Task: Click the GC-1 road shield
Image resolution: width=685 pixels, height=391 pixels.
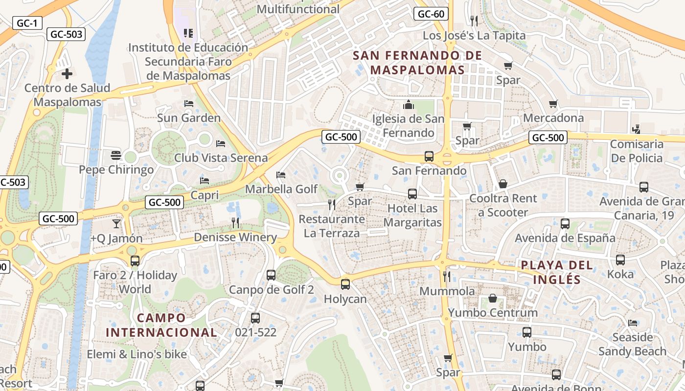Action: [27, 22]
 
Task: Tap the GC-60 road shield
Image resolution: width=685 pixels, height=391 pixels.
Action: [431, 14]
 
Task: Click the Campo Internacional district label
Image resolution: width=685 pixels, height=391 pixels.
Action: [161, 325]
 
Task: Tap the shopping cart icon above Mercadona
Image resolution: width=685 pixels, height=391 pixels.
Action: [553, 104]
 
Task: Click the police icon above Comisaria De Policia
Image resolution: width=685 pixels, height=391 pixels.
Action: [636, 130]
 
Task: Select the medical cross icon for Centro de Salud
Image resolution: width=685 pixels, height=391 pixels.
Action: [67, 74]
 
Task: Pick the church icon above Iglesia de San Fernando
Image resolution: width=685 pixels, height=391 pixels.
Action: [408, 105]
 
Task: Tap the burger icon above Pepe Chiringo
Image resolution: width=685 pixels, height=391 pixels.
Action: [116, 155]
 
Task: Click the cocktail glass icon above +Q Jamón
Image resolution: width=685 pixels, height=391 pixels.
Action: [116, 224]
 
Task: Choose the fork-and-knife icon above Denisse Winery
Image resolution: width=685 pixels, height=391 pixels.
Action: [235, 223]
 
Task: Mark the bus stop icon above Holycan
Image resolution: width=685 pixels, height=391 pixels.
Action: [345, 284]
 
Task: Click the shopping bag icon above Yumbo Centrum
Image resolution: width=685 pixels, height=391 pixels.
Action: [493, 298]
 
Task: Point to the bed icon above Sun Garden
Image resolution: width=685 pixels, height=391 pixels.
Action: [189, 104]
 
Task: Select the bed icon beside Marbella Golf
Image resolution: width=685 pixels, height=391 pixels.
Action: [281, 174]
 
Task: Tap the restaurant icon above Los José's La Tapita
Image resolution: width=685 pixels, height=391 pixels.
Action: [474, 21]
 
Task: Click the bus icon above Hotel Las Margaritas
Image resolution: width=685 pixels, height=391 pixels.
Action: [412, 194]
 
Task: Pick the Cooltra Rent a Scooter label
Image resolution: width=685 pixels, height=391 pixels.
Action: [503, 205]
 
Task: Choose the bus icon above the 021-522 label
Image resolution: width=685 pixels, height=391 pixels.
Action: [255, 318]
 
